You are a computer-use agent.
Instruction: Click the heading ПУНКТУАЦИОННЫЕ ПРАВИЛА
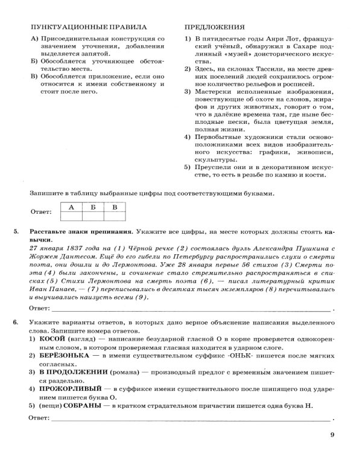(84, 28)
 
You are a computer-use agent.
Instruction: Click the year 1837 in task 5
(64, 248)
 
